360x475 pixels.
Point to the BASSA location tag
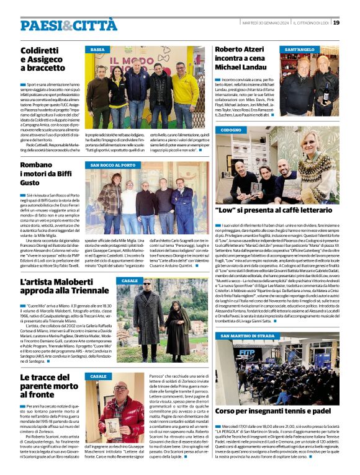[98, 49]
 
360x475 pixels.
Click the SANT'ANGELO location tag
[300, 49]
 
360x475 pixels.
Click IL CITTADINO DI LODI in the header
[311, 23]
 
